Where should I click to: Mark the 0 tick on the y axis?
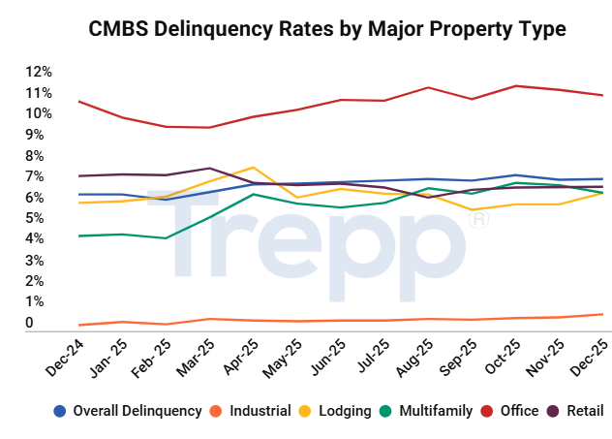[30, 323]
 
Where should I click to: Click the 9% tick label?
[35, 135]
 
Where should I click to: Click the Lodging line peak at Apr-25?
[253, 168]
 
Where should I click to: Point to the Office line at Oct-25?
[516, 86]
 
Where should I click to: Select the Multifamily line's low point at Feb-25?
[166, 238]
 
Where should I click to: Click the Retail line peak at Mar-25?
[209, 169]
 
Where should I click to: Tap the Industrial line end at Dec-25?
[602, 314]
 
